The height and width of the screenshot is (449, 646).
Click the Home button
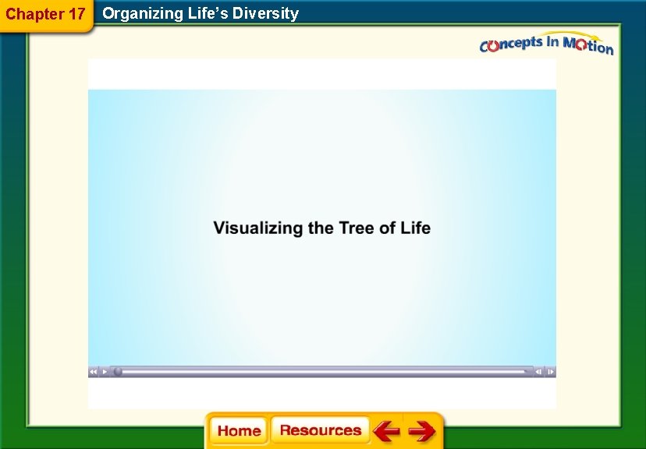[239, 431]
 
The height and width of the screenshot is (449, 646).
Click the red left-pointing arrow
[385, 431]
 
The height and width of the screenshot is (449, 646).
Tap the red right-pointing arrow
[422, 431]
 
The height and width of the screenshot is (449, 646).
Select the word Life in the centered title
[415, 228]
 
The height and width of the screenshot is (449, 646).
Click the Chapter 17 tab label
[45, 13]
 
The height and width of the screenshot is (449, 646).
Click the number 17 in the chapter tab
[75, 13]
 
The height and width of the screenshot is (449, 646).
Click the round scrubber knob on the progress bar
[118, 372]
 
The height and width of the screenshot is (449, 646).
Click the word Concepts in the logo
[510, 44]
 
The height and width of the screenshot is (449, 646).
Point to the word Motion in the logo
[587, 46]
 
